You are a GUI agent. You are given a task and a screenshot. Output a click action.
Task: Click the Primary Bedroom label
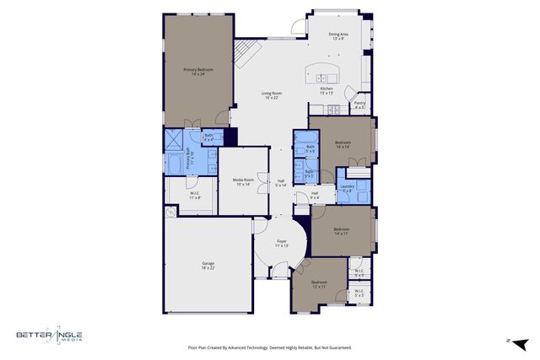point(198,72)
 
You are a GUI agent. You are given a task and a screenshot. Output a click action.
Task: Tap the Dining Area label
point(337,36)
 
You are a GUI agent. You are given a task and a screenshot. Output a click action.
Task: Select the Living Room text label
point(270,95)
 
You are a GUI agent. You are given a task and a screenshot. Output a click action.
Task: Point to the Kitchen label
point(327,90)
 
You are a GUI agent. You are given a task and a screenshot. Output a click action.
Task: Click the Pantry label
point(359,105)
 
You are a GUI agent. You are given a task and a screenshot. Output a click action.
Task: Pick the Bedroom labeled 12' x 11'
point(318,284)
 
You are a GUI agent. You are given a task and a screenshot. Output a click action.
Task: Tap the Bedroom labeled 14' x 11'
point(341,231)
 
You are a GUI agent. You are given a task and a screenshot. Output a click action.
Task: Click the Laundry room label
point(347,188)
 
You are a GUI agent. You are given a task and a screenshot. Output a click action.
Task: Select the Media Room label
point(243,181)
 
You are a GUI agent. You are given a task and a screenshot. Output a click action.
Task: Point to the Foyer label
point(282,244)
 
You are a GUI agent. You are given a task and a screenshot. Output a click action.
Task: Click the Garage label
point(208,266)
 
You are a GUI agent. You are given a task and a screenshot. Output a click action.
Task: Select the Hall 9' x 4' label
point(314,196)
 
